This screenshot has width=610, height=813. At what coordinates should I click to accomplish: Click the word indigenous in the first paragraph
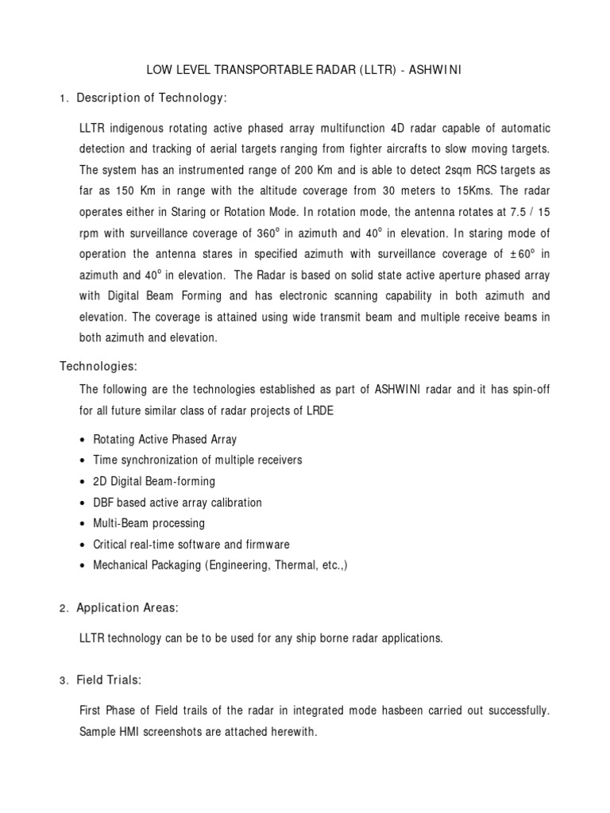(x=139, y=128)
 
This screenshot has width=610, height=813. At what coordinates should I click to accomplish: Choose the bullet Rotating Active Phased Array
(x=165, y=439)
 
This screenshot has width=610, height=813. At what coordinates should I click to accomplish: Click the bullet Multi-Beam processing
(x=149, y=523)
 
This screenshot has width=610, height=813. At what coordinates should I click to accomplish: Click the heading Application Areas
(x=127, y=608)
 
